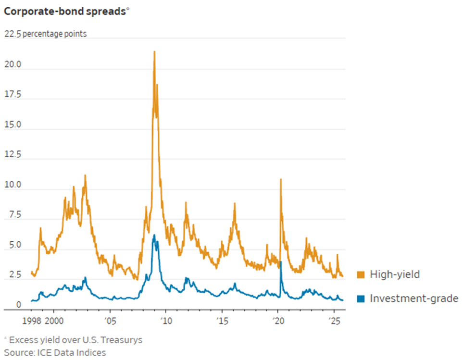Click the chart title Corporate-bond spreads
[x=65, y=12]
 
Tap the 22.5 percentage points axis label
[x=46, y=34]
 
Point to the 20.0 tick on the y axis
[x=13, y=64]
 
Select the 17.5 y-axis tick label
[x=13, y=95]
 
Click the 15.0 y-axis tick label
[x=13, y=125]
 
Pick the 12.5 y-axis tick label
[x=13, y=155]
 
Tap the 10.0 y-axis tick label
[x=13, y=185]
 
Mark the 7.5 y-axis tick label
[x=13, y=215]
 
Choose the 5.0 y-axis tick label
[x=13, y=246]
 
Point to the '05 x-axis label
[x=110, y=321]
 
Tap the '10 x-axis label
[x=166, y=321]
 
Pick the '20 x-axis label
[x=278, y=321]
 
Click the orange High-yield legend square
[x=360, y=275]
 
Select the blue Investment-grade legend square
[x=360, y=299]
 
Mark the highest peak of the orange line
[x=154, y=51]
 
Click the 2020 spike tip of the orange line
[x=280, y=179]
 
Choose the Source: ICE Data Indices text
[x=54, y=352]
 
